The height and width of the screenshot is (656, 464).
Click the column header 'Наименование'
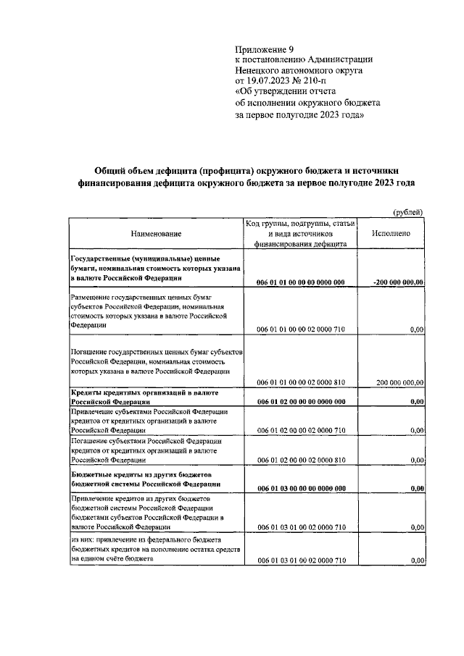click(156, 234)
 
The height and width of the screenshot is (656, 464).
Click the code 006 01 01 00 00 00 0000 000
click(300, 282)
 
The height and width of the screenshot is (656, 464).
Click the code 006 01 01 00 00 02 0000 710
click(300, 329)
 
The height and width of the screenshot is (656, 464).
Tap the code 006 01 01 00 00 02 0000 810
click(300, 382)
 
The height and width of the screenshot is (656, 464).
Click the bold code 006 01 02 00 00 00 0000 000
click(300, 401)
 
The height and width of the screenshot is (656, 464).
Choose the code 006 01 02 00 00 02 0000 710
click(300, 431)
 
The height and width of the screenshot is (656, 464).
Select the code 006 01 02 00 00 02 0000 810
click(300, 460)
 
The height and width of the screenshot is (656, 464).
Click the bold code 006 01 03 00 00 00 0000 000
click(300, 489)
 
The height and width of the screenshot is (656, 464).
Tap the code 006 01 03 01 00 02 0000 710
click(300, 529)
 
